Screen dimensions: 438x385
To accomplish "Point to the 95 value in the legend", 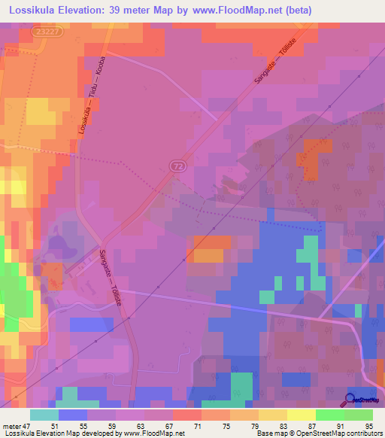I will tap(368, 425).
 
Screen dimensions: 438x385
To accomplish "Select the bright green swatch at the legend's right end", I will tap(358, 415).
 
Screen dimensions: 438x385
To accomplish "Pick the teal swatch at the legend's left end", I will tap(44, 415).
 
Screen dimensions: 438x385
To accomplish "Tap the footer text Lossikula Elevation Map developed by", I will tap(53, 433).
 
